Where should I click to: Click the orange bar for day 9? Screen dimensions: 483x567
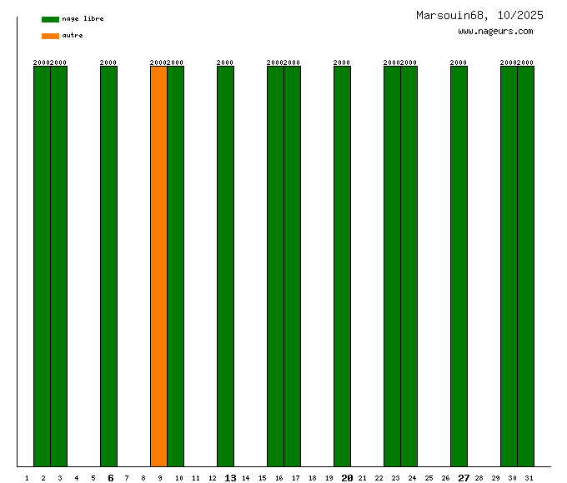tap(158, 266)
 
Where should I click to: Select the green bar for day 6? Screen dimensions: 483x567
tap(108, 266)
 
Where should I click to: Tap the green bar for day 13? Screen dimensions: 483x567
tap(225, 266)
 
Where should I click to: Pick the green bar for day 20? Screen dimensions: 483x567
tap(342, 266)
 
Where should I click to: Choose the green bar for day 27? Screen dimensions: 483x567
tap(459, 266)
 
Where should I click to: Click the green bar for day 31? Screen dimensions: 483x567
tap(525, 266)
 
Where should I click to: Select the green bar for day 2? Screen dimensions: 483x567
tap(42, 266)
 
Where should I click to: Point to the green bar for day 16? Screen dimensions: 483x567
tap(275, 266)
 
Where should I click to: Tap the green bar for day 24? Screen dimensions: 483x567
tap(409, 266)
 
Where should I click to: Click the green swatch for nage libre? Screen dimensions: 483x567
tap(50, 19)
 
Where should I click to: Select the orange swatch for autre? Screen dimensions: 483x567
tap(50, 36)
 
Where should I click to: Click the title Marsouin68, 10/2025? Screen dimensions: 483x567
tap(479, 15)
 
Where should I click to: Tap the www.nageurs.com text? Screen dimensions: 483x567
tap(495, 32)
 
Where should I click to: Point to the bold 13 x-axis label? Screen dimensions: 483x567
tap(230, 478)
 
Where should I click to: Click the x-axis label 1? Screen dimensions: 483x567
tap(27, 478)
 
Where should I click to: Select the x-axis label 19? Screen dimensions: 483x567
tap(329, 478)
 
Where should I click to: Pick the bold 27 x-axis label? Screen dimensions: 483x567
tap(464, 478)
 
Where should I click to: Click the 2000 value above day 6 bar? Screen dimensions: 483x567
tap(108, 62)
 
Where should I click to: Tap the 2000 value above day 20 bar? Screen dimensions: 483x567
tap(342, 62)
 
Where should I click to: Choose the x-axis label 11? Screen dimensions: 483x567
tap(196, 478)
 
